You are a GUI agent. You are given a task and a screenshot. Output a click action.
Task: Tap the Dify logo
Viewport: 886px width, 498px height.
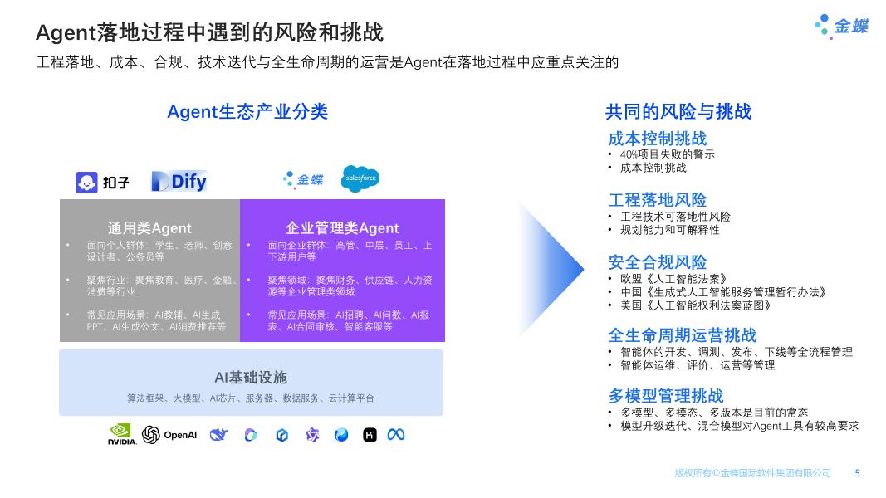point(179,181)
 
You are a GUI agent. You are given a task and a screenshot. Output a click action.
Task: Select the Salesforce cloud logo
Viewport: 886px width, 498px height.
point(360,178)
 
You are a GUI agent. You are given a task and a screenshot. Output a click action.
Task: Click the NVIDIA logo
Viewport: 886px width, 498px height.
point(122,434)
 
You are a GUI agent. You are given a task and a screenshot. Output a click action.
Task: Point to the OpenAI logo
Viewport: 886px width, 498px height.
point(169,434)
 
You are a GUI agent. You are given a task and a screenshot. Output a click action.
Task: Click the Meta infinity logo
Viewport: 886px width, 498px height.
point(396,434)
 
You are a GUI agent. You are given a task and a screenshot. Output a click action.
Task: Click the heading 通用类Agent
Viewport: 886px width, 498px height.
point(149,227)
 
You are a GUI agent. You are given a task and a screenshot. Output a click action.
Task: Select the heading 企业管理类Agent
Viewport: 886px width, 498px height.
point(342,227)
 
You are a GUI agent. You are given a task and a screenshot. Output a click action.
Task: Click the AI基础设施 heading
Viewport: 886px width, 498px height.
point(251,378)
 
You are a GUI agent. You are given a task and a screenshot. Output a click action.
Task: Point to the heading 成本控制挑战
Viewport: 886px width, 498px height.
point(657,139)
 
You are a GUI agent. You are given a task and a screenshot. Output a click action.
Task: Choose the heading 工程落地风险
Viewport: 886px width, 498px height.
point(657,200)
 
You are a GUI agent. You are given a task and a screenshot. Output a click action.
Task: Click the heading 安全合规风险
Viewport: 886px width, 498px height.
point(657,262)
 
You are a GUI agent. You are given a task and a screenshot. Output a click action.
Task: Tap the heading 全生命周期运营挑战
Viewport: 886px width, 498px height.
point(682,335)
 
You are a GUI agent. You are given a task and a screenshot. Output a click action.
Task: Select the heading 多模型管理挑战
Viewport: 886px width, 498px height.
point(665,396)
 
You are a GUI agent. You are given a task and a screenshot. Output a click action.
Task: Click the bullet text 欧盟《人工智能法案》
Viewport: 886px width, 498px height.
point(673,279)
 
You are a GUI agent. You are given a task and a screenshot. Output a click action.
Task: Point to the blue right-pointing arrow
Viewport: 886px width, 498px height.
point(552,266)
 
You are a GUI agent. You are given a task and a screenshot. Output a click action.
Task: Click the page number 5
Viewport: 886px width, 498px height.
point(858,473)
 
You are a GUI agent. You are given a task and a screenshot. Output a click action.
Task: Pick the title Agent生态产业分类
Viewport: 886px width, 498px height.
point(247,111)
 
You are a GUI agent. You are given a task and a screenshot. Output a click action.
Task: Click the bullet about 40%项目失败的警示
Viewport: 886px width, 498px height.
point(667,154)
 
